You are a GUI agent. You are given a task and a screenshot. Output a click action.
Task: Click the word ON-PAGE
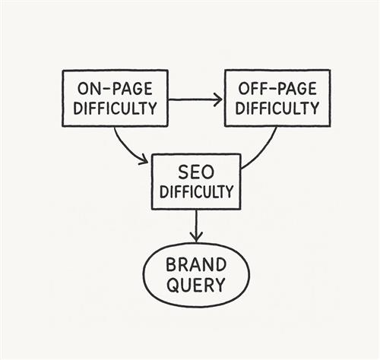click(115, 89)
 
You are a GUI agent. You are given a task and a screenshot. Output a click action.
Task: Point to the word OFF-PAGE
click(277, 89)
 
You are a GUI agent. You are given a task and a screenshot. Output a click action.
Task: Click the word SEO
click(196, 172)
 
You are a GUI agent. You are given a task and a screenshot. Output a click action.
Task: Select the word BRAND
click(196, 265)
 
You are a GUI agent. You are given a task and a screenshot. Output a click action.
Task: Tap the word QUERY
click(196, 285)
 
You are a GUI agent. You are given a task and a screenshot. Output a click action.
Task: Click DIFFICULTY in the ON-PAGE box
click(115, 108)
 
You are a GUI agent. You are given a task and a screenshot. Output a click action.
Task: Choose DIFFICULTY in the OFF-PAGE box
click(277, 108)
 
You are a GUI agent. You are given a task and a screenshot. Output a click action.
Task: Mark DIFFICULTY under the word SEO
click(196, 191)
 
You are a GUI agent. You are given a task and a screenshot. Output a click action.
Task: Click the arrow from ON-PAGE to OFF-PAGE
click(195, 99)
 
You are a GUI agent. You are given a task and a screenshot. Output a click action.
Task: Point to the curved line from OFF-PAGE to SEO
click(264, 153)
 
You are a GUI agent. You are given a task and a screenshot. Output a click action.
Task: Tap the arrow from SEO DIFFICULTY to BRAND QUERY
click(196, 226)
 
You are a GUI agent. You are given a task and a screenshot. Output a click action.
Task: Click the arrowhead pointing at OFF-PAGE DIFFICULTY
click(217, 99)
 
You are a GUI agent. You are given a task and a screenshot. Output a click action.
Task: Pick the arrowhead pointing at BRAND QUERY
click(196, 238)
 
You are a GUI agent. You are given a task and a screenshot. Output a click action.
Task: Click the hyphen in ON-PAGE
click(104, 89)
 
